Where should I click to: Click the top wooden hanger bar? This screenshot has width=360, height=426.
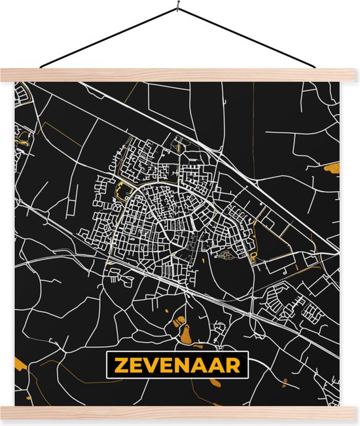tap(180, 75)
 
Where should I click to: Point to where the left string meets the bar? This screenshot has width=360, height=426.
tap(41, 67)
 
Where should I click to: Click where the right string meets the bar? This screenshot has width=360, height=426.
tap(321, 68)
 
